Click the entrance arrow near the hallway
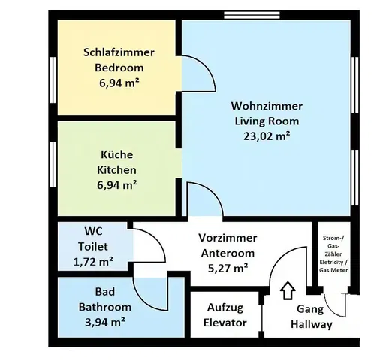click(288, 290)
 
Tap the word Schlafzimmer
click(119, 52)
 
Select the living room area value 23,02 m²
click(267, 136)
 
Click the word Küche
click(117, 154)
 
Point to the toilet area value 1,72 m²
click(93, 262)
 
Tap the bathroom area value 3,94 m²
click(105, 322)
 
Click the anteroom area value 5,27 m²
click(228, 268)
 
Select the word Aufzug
click(225, 307)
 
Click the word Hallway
click(312, 325)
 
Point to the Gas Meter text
click(333, 270)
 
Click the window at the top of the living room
click(252, 15)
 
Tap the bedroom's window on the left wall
click(53, 79)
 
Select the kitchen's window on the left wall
click(53, 164)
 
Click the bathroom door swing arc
click(140, 299)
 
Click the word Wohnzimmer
click(267, 106)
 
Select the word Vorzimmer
click(228, 238)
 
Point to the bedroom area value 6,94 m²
click(119, 83)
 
